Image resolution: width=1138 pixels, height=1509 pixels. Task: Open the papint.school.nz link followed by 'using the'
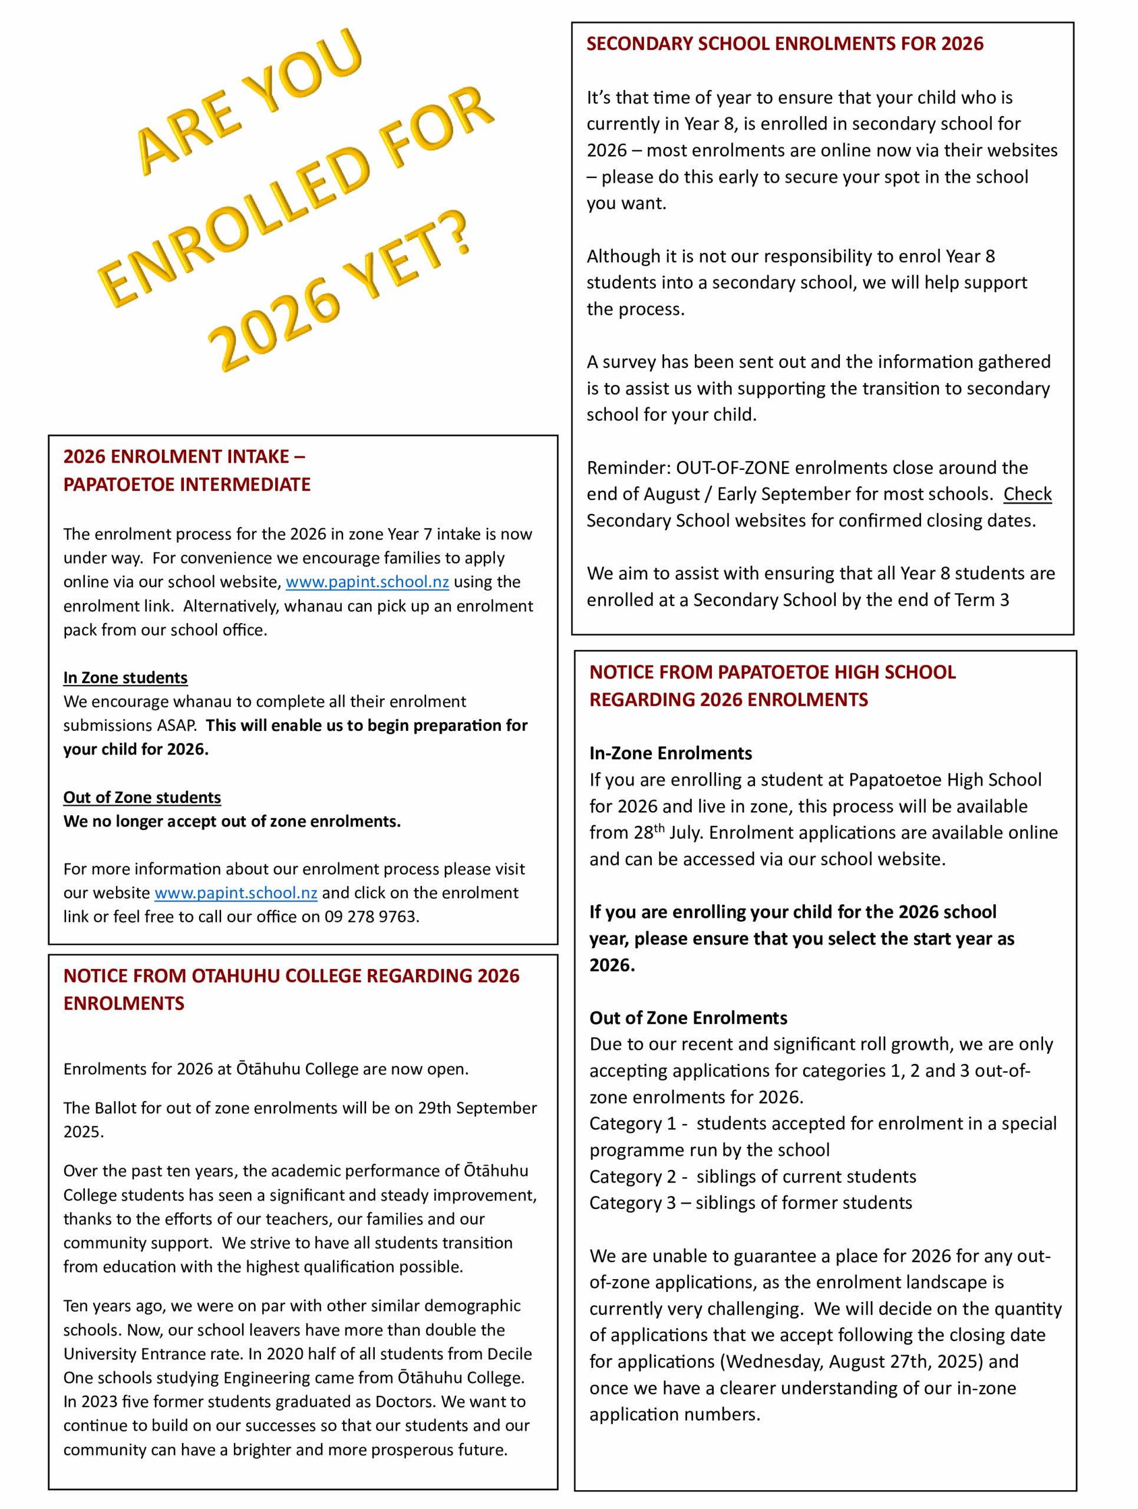(367, 582)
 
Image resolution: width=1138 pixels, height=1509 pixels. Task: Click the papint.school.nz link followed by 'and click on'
(236, 893)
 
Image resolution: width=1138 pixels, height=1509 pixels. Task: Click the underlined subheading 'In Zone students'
(126, 677)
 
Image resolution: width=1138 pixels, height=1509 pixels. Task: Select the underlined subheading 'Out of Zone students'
(142, 798)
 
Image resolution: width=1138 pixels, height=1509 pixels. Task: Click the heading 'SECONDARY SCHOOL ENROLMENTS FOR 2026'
(785, 44)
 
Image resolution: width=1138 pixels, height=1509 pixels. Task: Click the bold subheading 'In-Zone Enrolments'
(670, 753)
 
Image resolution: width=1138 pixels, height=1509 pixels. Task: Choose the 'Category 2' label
(632, 1177)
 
